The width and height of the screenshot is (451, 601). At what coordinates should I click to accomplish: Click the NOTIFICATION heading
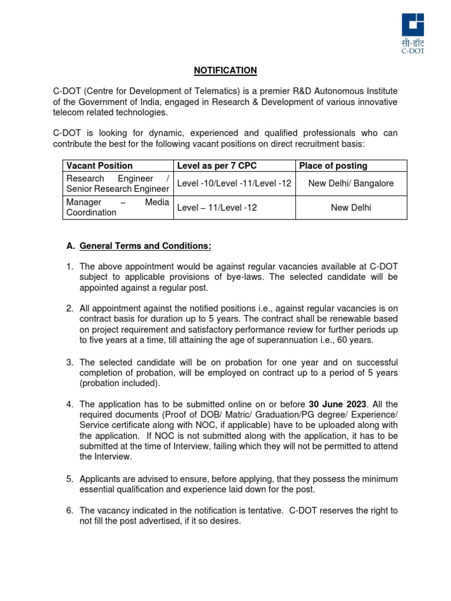coord(225,70)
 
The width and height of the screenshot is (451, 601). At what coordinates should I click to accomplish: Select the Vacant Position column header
coord(99,166)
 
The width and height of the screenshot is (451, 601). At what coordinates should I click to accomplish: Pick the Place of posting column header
coord(333,166)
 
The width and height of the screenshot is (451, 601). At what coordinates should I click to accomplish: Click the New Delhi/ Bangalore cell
coord(351,184)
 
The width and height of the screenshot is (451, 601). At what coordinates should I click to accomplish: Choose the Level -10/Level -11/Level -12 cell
coord(234,184)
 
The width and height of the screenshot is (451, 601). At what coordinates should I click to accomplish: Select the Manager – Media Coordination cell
coord(117,207)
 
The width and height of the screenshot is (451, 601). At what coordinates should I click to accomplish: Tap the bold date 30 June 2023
coord(338,404)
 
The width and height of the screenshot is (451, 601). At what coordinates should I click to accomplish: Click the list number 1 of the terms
coord(69,267)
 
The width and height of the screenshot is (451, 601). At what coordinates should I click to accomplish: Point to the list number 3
coord(69,362)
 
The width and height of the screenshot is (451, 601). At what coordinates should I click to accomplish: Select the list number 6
coord(69,511)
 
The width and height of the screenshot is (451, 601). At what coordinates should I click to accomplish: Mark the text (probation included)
coord(119,383)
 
